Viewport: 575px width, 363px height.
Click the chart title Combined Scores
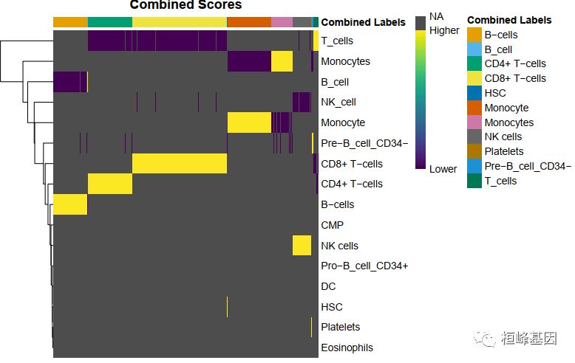coord(186,5)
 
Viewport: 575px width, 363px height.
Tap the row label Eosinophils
coord(347,348)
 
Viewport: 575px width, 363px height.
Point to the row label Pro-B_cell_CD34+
coord(364,266)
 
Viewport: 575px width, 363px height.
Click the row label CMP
coord(332,225)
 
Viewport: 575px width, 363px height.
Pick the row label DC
coord(328,286)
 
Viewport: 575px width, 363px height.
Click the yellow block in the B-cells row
coord(71,204)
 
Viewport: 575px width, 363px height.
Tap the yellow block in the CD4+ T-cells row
coord(109,184)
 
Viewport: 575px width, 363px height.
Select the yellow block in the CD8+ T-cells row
coord(179,163)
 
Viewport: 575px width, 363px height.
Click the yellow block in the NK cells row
coord(302,245)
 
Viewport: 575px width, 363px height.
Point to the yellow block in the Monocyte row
coord(249,122)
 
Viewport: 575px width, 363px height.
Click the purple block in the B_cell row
coord(70,82)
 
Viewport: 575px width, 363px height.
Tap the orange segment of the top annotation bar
coord(249,22)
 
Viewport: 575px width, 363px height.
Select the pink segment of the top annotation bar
coord(282,22)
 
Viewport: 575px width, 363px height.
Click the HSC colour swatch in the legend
coord(474,93)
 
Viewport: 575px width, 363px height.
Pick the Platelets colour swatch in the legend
coord(474,151)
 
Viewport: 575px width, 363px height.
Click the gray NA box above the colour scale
coord(420,23)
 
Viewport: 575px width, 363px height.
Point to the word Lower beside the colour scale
coord(443,169)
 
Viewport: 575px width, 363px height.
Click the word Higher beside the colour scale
coord(444,31)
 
